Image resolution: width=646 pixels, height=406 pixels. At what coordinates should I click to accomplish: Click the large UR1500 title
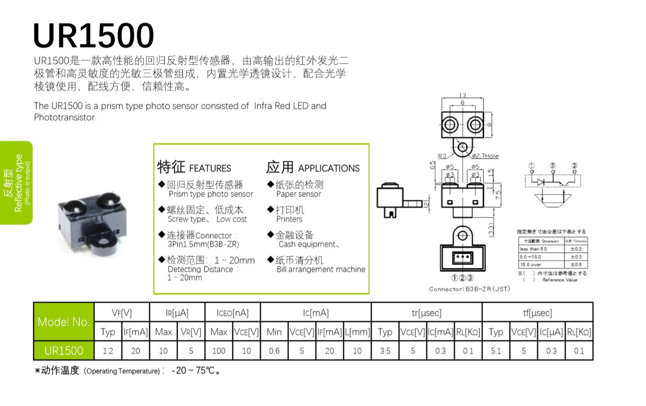(x=93, y=35)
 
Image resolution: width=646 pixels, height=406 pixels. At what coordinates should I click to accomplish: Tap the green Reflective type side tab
(x=17, y=182)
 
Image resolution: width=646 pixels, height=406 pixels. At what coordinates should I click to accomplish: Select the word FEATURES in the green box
(x=210, y=168)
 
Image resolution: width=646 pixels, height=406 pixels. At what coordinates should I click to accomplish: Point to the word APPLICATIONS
(x=328, y=168)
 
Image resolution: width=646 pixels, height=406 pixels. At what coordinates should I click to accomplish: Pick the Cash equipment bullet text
(x=308, y=244)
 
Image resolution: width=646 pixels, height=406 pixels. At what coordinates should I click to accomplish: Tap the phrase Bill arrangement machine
(x=321, y=269)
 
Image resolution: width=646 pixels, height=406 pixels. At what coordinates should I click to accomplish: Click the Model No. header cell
(x=63, y=322)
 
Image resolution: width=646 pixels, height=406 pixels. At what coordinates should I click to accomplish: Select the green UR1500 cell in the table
(x=63, y=351)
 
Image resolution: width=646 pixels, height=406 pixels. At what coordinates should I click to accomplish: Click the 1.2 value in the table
(x=108, y=351)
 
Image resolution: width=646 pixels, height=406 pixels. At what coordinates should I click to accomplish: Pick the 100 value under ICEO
(x=219, y=351)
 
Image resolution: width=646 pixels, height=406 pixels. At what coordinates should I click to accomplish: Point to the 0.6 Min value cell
(x=274, y=351)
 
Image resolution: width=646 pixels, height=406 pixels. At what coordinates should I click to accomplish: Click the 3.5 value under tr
(x=385, y=351)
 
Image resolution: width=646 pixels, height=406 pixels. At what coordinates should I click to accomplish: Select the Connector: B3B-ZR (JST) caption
(x=469, y=289)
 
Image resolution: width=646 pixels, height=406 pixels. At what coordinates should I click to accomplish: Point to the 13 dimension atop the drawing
(x=462, y=96)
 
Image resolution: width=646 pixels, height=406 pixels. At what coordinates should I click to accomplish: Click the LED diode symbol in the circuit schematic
(x=540, y=182)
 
